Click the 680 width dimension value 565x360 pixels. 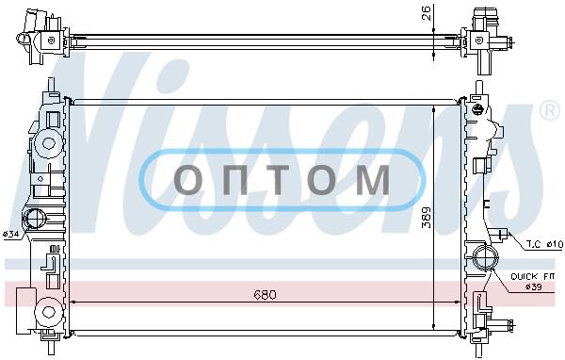[265, 295]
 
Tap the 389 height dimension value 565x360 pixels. [427, 217]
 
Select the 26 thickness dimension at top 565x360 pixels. [427, 13]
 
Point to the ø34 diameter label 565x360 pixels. [10, 235]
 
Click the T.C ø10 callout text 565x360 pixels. [544, 245]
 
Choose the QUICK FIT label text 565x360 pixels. [532, 277]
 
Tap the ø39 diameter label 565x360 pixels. [533, 287]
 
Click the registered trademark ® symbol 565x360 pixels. [549, 111]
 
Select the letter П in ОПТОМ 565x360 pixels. [234, 180]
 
